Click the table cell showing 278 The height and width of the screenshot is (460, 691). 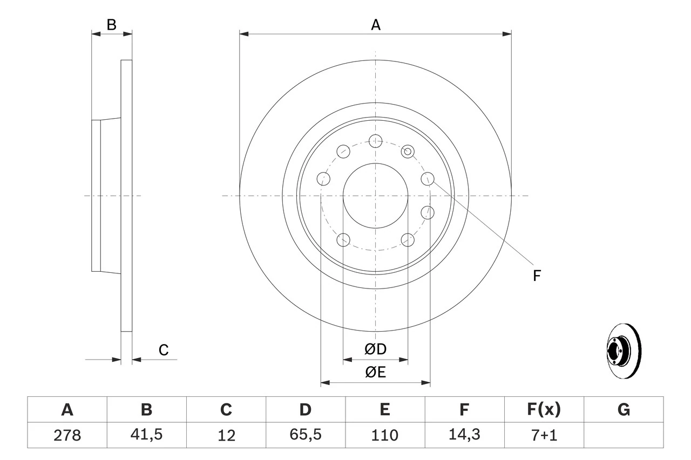coord(67,435)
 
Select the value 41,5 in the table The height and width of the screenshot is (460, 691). coord(146,435)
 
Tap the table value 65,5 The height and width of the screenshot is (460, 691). coord(305,435)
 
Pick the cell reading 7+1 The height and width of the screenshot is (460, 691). coord(544,435)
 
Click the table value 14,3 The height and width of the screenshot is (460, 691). coord(464,435)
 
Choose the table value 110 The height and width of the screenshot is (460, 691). coord(384,435)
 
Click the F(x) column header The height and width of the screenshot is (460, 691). coord(544,410)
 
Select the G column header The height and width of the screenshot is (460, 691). coord(624,410)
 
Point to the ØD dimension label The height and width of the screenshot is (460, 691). coord(376,349)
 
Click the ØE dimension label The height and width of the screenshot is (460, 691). coord(376,373)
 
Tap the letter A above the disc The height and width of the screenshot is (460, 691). coord(375,25)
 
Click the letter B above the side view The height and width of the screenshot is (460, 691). coord(111,25)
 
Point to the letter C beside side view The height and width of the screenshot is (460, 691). coord(164,350)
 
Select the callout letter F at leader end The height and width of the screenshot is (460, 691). coord(537,276)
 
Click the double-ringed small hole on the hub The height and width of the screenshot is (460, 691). coord(408,152)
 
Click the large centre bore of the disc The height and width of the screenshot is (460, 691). coord(375,195)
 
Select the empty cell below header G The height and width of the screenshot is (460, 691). coord(624,435)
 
